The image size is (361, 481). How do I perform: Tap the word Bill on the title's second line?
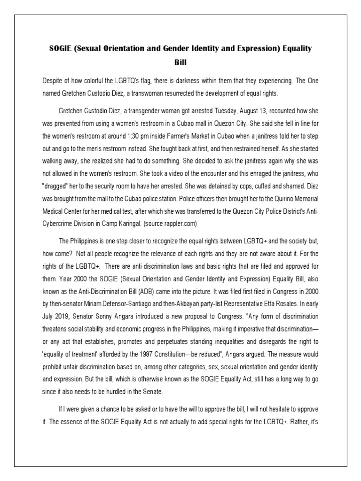coord(180,62)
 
